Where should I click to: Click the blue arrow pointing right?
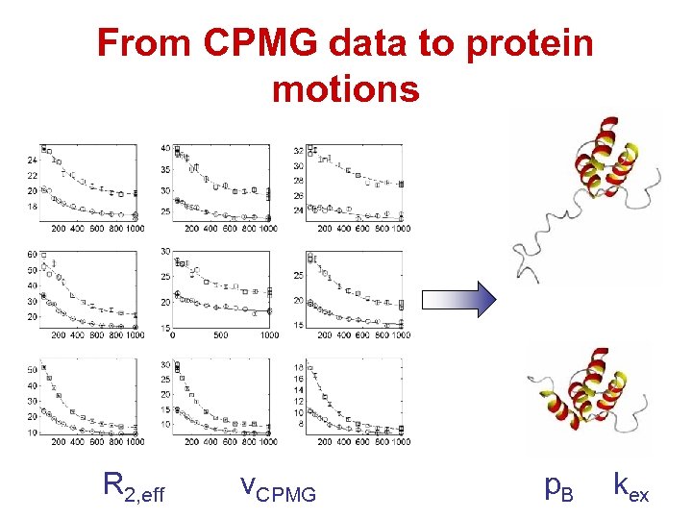pyautogui.click(x=459, y=299)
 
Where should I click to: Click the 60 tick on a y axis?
pyautogui.click(x=32, y=254)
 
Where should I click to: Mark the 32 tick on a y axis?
pyautogui.click(x=298, y=150)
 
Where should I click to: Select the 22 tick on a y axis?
pyautogui.click(x=32, y=175)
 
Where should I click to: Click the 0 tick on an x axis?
pyautogui.click(x=173, y=335)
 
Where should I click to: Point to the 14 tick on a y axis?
pyautogui.click(x=298, y=390)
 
